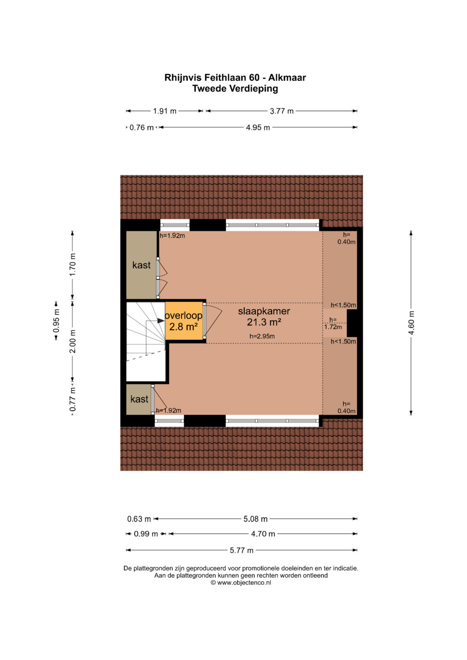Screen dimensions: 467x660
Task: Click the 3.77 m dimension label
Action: pyautogui.click(x=281, y=111)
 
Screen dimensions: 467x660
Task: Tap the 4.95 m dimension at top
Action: pyautogui.click(x=258, y=128)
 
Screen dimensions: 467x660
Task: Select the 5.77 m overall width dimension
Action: pyautogui.click(x=241, y=550)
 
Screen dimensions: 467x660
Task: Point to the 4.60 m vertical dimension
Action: pyautogui.click(x=411, y=322)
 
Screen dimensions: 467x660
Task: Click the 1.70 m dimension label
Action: pyautogui.click(x=73, y=264)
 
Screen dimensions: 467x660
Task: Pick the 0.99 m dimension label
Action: pyautogui.click(x=146, y=534)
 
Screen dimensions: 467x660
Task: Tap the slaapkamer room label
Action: pyautogui.click(x=264, y=311)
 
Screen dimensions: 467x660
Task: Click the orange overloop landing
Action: pyautogui.click(x=184, y=321)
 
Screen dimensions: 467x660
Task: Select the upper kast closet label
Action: pyautogui.click(x=141, y=265)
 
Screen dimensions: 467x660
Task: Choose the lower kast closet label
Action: pyautogui.click(x=139, y=399)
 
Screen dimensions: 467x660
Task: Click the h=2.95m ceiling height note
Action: pyautogui.click(x=262, y=336)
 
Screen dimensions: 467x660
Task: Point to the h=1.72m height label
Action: pyautogui.click(x=333, y=323)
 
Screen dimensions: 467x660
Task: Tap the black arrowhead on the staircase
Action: pyautogui.click(x=161, y=321)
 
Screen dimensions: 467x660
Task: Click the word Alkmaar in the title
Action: pyautogui.click(x=287, y=77)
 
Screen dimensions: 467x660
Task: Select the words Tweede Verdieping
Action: pyautogui.click(x=235, y=89)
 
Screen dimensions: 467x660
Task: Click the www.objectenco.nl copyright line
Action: pyautogui.click(x=240, y=583)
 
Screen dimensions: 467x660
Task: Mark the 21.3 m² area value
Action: pyautogui.click(x=264, y=322)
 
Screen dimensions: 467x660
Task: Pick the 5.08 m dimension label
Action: pyautogui.click(x=255, y=519)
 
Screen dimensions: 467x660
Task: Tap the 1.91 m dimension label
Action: pyautogui.click(x=164, y=111)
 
